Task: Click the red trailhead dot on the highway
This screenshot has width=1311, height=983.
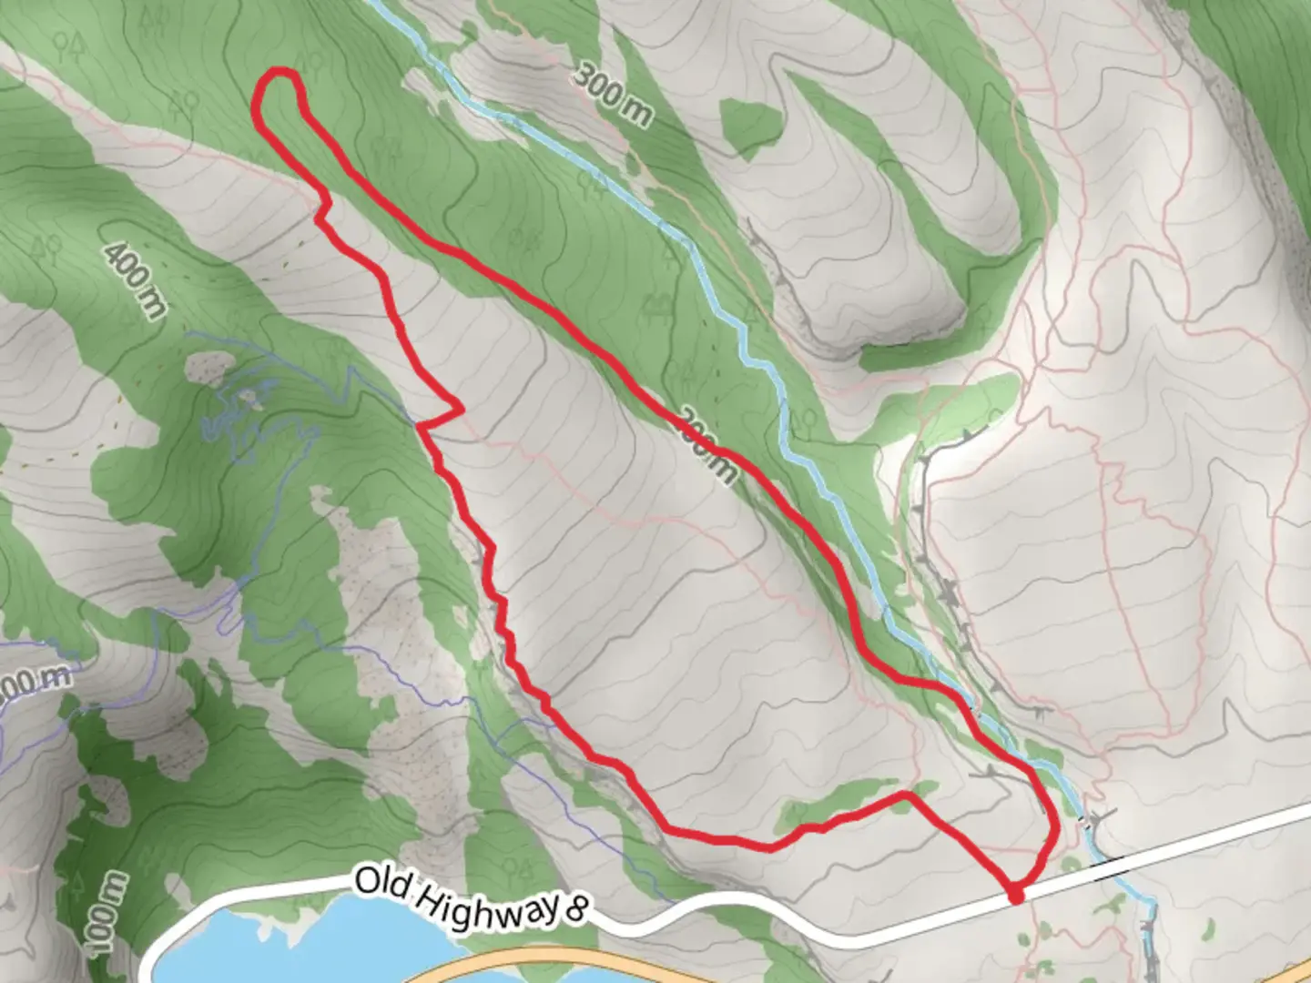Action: tap(1015, 897)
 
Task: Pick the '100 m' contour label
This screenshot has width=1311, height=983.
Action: tap(107, 910)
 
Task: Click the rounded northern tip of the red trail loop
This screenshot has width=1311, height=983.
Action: tap(278, 76)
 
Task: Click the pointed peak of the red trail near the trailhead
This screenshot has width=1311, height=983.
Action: tap(905, 795)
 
